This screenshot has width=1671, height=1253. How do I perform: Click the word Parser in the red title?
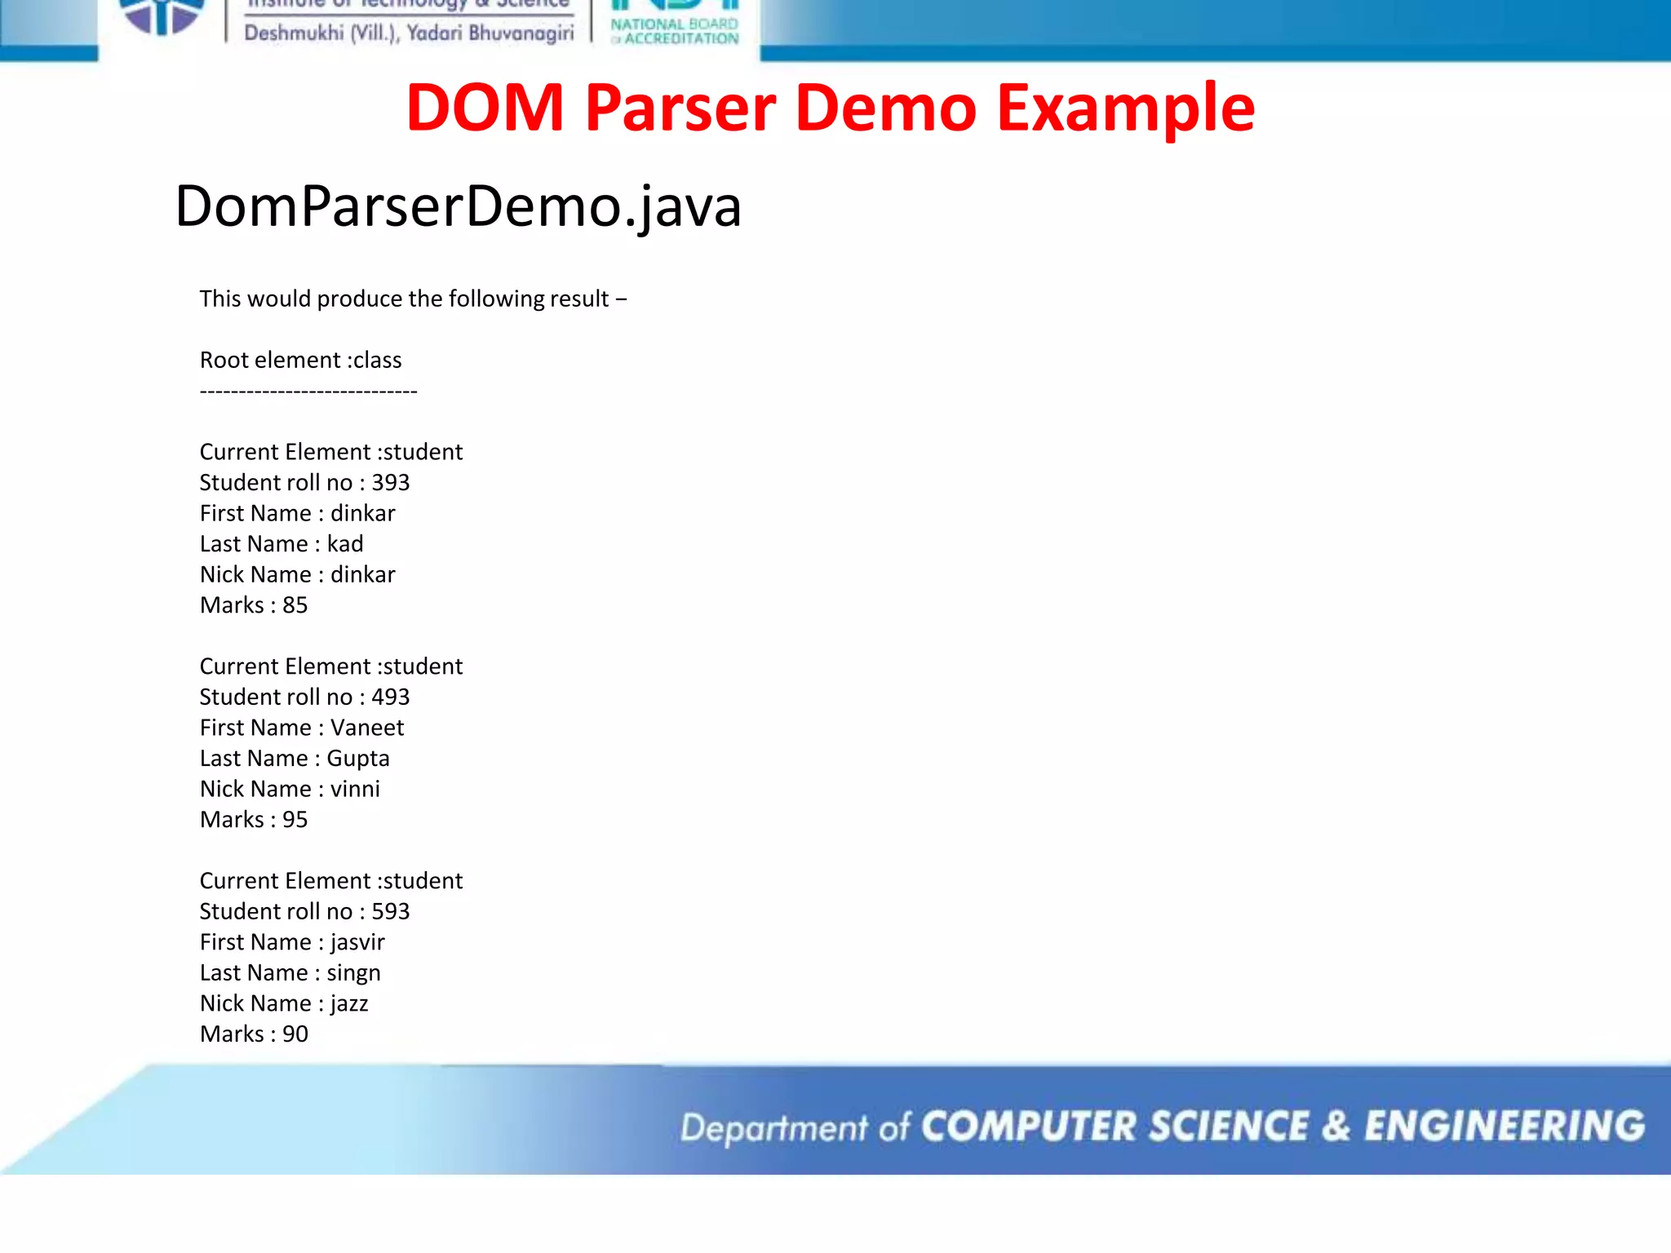(x=680, y=108)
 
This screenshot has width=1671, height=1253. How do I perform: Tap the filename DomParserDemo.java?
(x=458, y=206)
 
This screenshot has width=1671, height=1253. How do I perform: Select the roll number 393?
(x=390, y=483)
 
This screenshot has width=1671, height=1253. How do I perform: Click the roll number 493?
(x=390, y=697)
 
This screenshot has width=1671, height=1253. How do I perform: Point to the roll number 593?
(x=390, y=912)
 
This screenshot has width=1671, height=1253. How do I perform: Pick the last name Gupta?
(x=357, y=759)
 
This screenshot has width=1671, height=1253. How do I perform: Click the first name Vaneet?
(x=366, y=728)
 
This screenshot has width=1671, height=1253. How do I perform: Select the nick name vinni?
(x=355, y=789)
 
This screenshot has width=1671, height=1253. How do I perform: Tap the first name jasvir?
(x=357, y=942)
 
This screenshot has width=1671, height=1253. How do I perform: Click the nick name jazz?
(x=349, y=1003)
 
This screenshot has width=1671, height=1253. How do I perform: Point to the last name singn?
(x=353, y=973)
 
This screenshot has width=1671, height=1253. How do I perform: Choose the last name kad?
(x=345, y=544)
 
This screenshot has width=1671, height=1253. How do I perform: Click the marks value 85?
(x=295, y=605)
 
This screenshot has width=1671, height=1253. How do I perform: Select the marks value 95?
(x=295, y=820)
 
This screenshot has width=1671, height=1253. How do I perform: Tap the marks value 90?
(x=295, y=1034)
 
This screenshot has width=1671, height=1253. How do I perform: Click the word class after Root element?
(x=377, y=361)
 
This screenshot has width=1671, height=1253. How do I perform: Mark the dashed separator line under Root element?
(x=308, y=392)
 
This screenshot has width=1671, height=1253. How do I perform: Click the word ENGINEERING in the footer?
(x=1505, y=1127)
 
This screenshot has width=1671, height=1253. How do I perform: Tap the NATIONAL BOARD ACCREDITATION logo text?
(x=675, y=31)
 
